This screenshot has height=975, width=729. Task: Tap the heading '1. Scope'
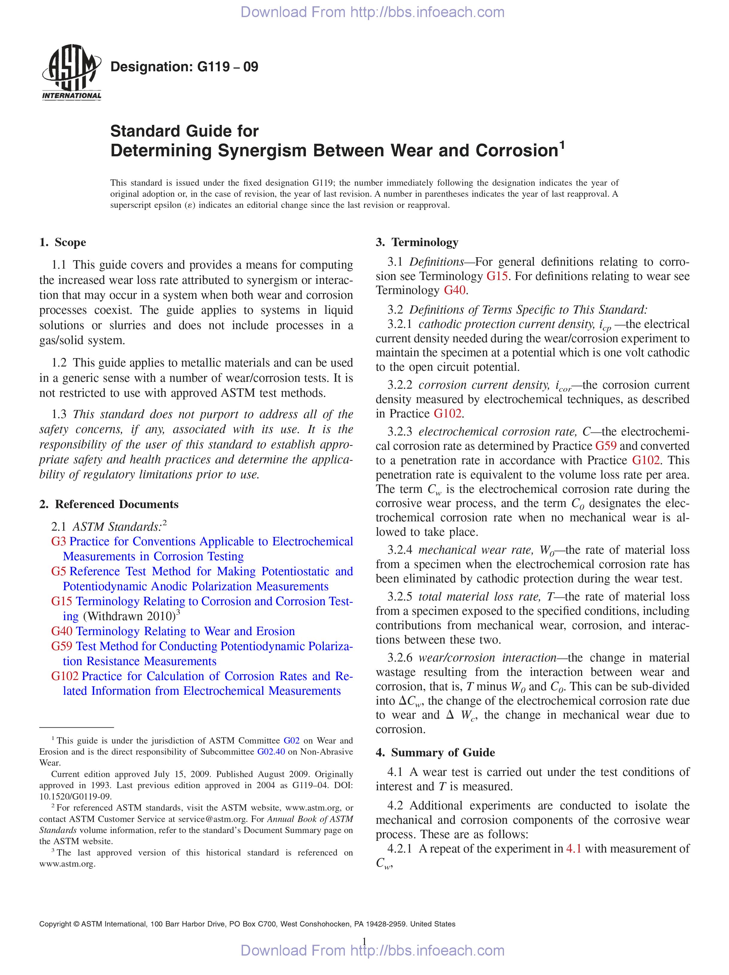[x=63, y=243]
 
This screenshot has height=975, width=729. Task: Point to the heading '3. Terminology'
[x=417, y=243]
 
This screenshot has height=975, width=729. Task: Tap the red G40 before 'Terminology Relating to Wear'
[x=61, y=631]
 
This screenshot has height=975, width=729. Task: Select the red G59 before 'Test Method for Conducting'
[x=61, y=646]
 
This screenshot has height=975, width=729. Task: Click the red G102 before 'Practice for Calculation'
[x=64, y=676]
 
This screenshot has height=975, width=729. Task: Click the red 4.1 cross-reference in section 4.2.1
[x=573, y=849]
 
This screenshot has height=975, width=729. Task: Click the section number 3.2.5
[x=400, y=597]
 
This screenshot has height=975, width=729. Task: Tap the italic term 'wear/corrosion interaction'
[x=487, y=658]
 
